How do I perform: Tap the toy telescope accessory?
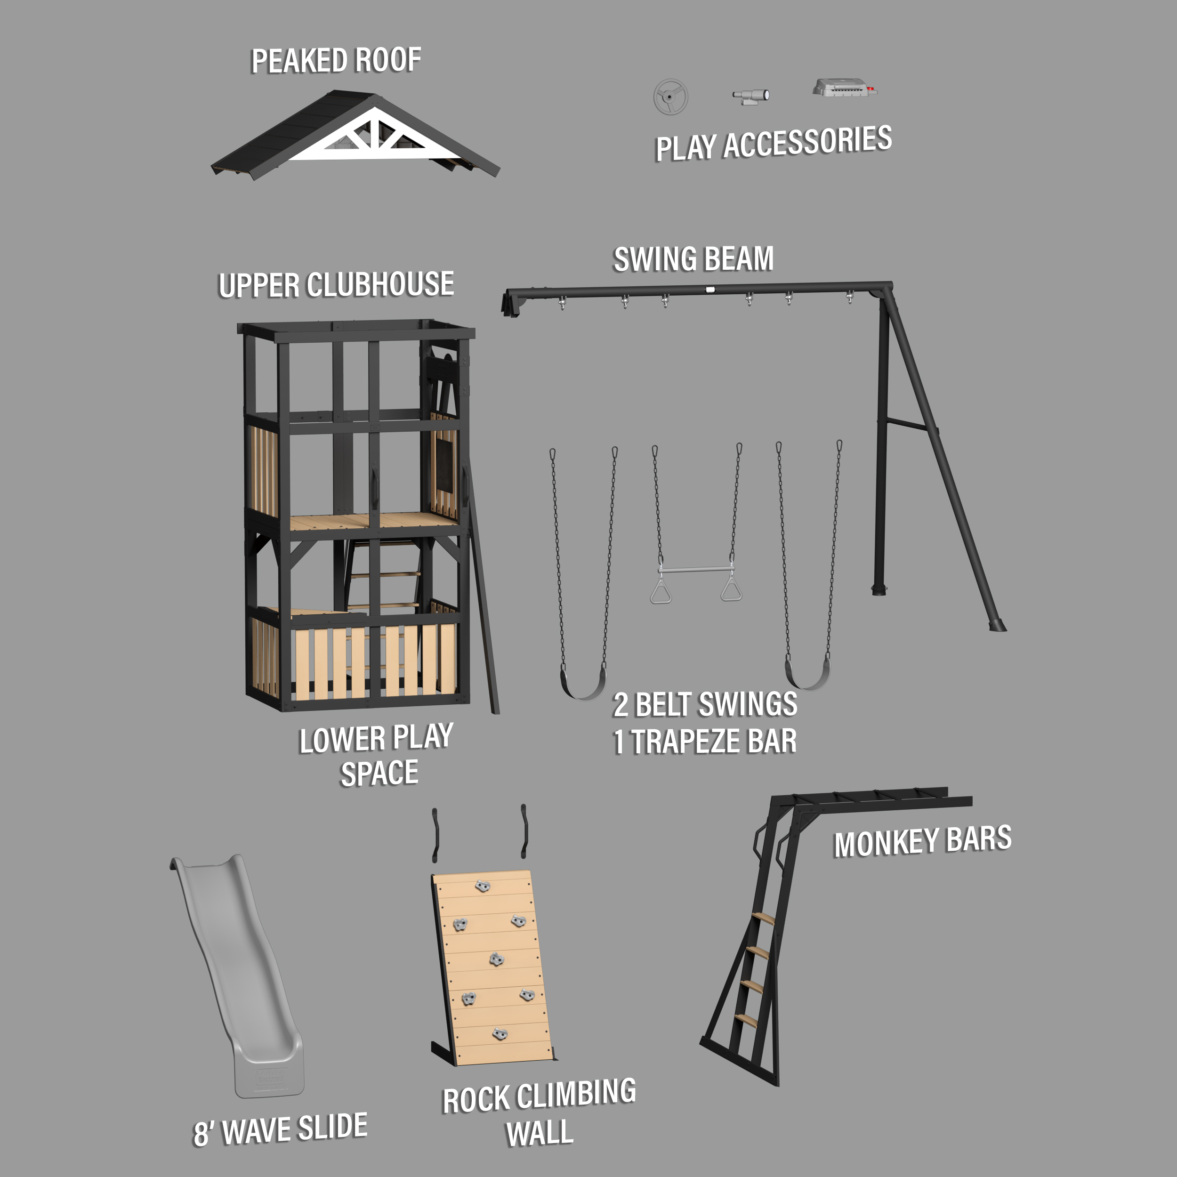click(x=751, y=96)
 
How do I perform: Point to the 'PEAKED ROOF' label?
click(x=336, y=60)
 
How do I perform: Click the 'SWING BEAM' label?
click(x=693, y=259)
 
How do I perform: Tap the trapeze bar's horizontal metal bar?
click(x=696, y=570)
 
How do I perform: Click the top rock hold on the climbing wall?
click(x=483, y=885)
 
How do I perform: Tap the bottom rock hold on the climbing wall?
click(x=500, y=1033)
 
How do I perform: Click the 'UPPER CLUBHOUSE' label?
click(x=336, y=284)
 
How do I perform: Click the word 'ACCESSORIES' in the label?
click(x=808, y=143)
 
